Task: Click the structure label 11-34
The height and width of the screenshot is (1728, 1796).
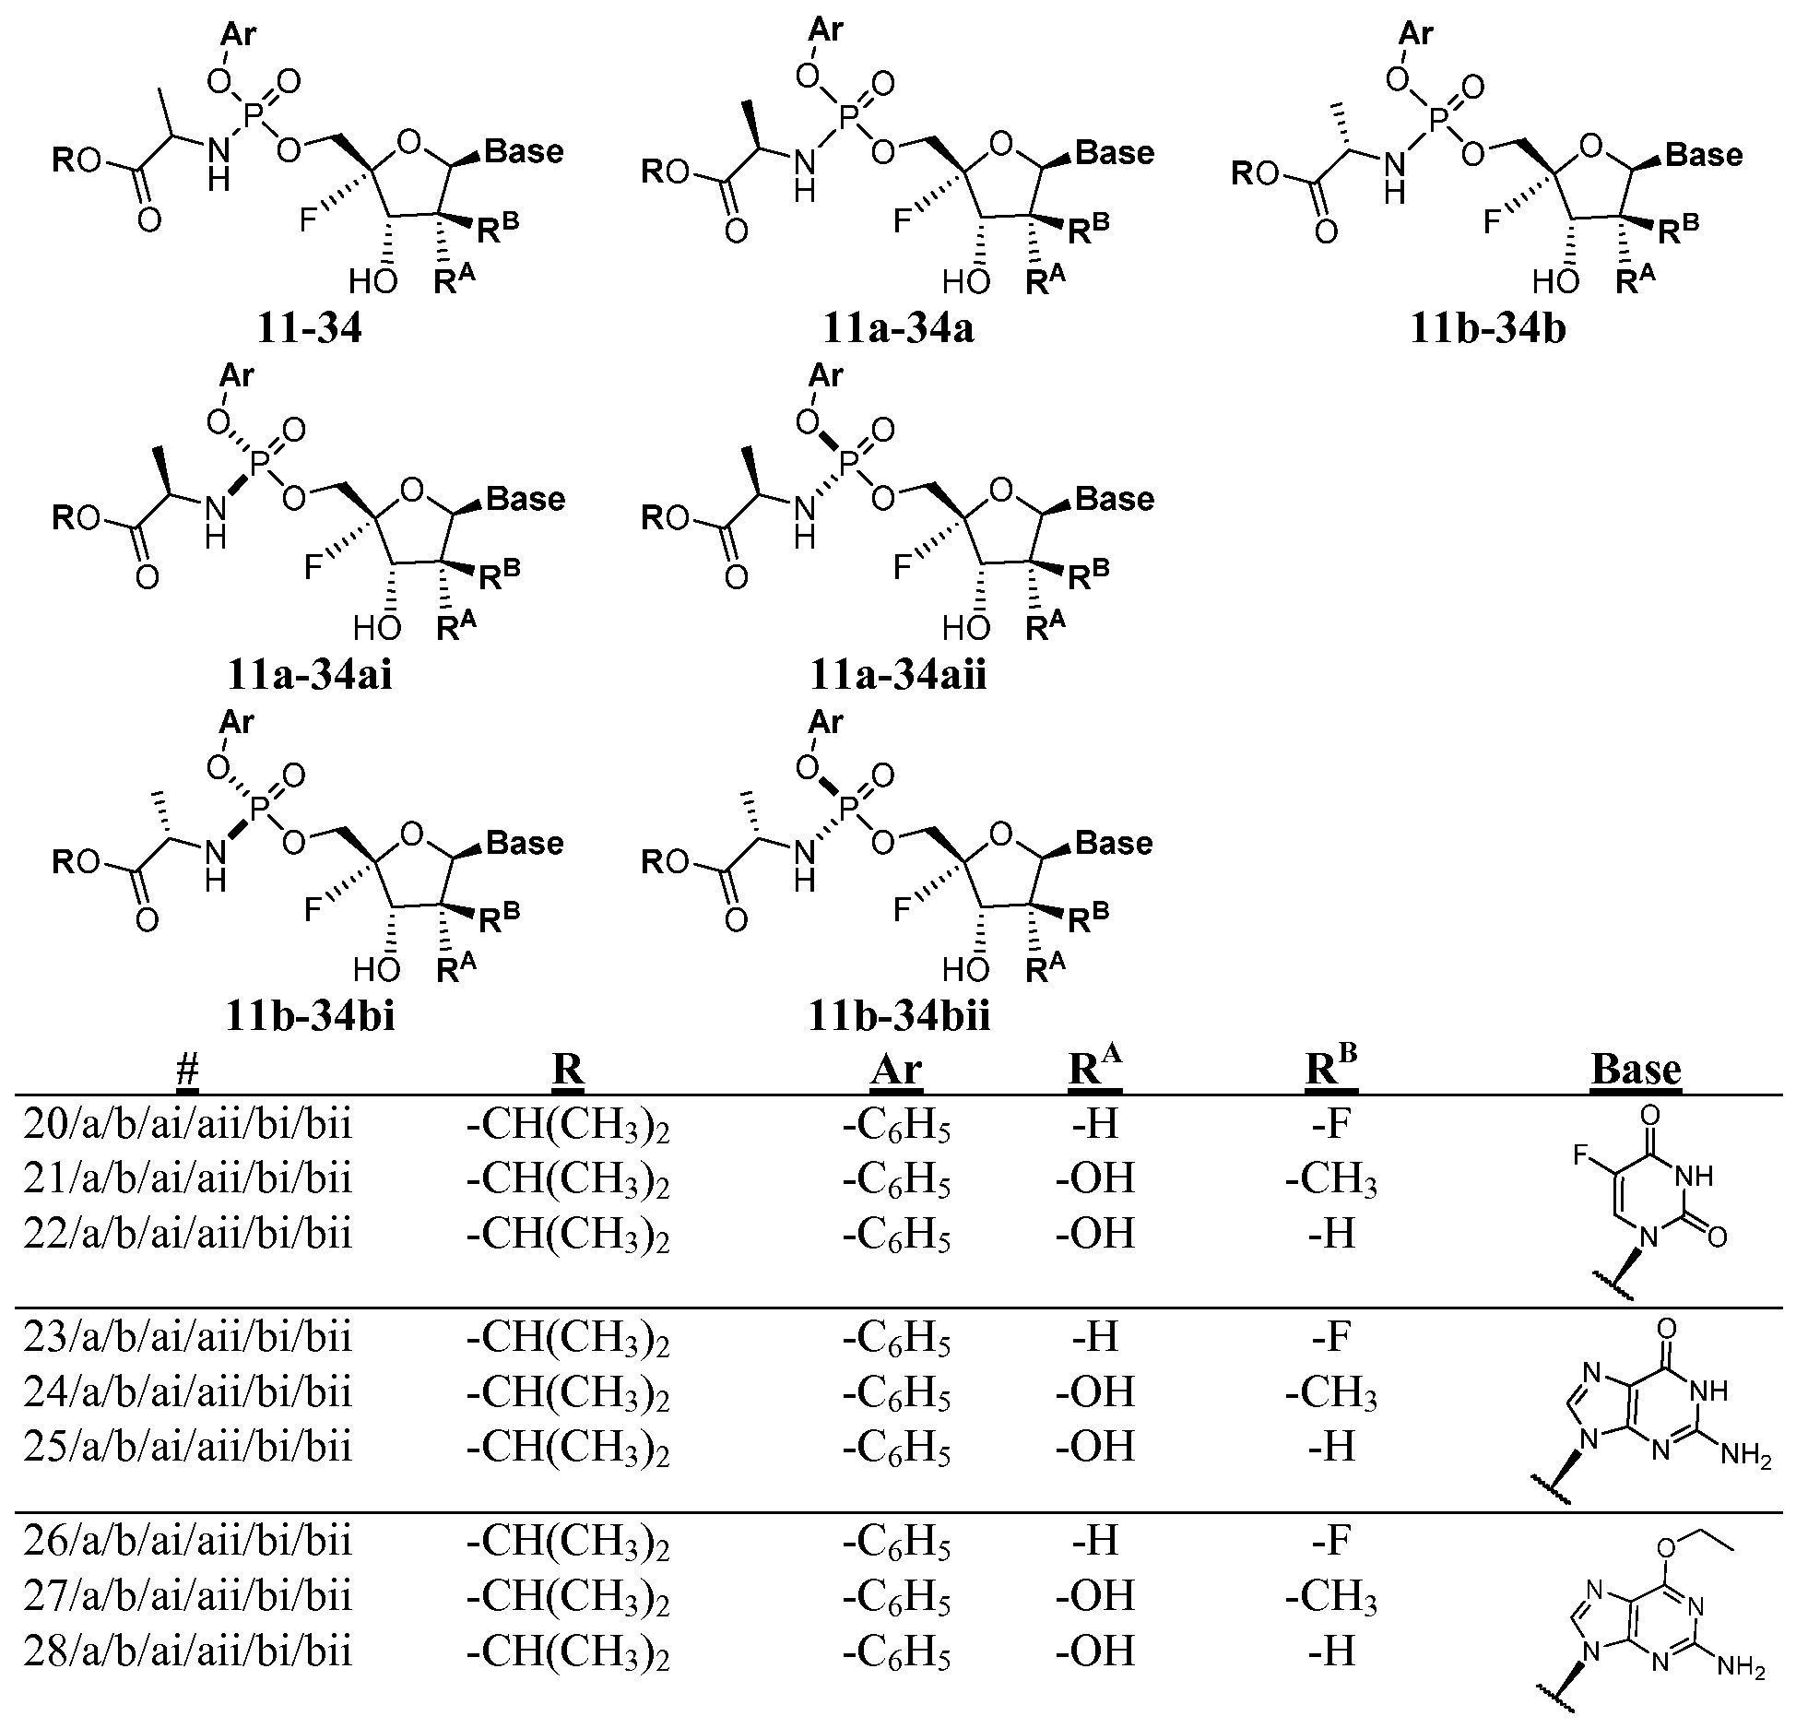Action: click(x=309, y=329)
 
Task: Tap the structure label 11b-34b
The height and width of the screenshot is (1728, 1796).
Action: click(x=1488, y=329)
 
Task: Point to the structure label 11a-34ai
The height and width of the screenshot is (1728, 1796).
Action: click(x=309, y=675)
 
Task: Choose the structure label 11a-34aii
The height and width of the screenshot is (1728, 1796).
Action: click(x=898, y=675)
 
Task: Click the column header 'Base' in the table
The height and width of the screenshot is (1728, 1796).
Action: click(x=1636, y=1070)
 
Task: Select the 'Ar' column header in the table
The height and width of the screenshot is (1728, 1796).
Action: click(x=896, y=1070)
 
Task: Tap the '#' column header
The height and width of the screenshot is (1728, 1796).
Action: click(x=187, y=1070)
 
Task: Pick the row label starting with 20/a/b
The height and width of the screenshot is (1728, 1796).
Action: click(x=188, y=1127)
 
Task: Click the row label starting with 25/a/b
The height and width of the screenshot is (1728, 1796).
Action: click(x=188, y=1447)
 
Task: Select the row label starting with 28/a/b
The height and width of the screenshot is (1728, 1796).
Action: click(x=188, y=1650)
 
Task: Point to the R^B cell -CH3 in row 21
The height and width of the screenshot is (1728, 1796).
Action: click(x=1331, y=1180)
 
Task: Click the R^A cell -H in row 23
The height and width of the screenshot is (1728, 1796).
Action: click(x=1096, y=1336)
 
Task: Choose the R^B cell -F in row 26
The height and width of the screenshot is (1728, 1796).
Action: click(x=1331, y=1539)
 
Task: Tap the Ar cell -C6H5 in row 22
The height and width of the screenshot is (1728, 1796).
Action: click(x=896, y=1236)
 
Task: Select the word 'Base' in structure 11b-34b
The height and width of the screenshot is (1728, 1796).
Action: click(x=1704, y=155)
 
